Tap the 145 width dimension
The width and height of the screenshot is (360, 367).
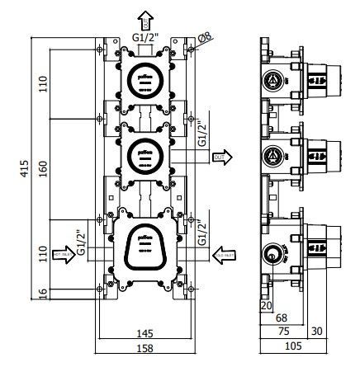[x=145, y=333]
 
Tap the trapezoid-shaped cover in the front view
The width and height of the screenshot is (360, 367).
[x=146, y=246]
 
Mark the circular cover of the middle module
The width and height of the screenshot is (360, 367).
[x=146, y=154]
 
